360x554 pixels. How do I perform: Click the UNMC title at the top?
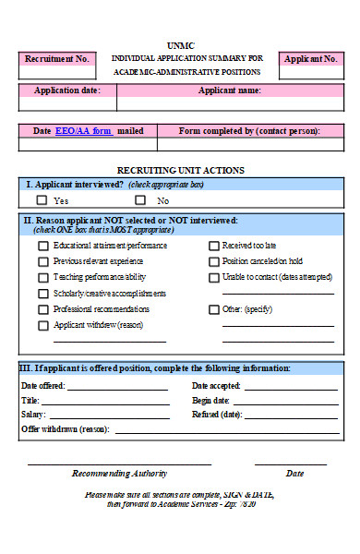[180, 44]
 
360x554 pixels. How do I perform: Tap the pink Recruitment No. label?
[57, 59]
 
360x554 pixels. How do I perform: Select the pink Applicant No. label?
[311, 59]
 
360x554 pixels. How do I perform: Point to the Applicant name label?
[230, 90]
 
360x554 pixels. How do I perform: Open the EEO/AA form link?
[83, 131]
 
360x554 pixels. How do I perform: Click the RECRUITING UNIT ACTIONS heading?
[181, 170]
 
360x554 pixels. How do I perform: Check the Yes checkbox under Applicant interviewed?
[42, 199]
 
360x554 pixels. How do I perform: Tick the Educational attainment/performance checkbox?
[42, 247]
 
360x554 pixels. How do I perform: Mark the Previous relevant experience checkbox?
[42, 262]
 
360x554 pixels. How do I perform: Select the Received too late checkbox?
[214, 247]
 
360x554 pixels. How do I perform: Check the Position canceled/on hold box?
[214, 262]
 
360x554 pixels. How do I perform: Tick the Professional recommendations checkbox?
[42, 309]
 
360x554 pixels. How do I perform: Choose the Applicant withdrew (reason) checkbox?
[42, 325]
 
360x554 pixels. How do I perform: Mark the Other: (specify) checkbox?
[214, 309]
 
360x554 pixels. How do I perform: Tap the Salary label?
[32, 415]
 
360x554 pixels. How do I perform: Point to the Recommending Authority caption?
[120, 474]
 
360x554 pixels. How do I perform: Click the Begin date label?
[210, 401]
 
